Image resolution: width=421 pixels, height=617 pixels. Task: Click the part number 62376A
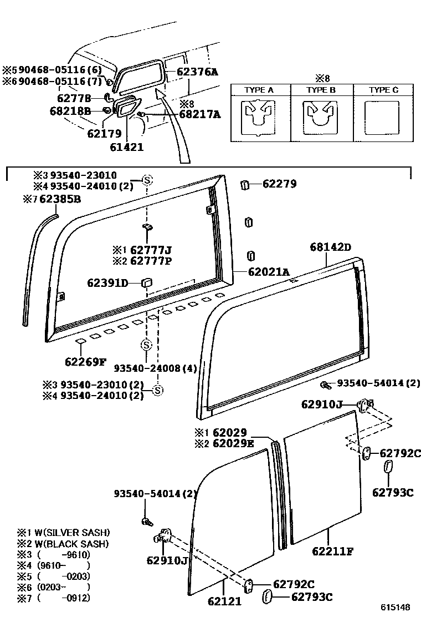[x=198, y=72]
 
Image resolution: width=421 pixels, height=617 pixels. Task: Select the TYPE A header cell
[x=259, y=90]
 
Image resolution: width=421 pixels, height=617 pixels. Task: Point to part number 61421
[x=127, y=147]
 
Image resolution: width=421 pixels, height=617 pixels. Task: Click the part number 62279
[x=279, y=184]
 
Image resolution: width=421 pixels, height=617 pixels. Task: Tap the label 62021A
[x=269, y=271]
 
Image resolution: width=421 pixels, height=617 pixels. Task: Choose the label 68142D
[x=331, y=247]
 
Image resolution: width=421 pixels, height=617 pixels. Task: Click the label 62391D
[x=107, y=283]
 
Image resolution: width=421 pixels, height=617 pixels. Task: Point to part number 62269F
[x=85, y=362]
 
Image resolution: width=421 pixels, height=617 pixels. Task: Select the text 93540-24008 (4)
[x=156, y=368]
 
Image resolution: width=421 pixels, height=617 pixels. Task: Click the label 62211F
[x=332, y=551]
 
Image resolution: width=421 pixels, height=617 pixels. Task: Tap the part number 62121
[x=225, y=601]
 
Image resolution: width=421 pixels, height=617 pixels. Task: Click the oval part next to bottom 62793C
[x=267, y=597]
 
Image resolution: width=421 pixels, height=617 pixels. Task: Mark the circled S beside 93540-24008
[x=146, y=345]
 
